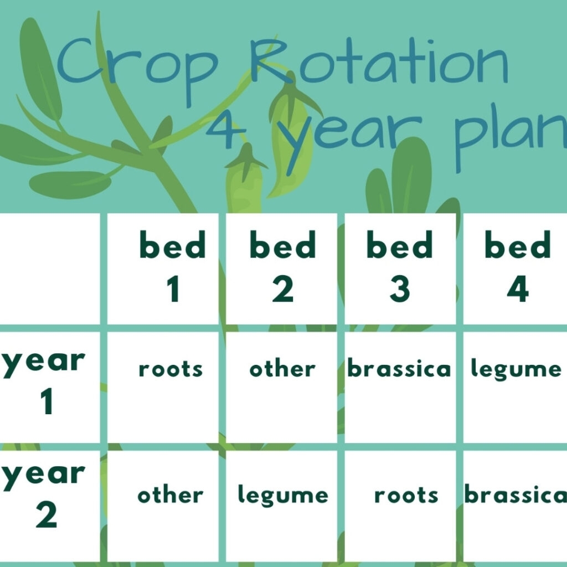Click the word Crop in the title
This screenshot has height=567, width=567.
138,66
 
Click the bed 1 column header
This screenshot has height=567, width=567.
172,268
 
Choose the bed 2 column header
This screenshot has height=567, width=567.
282,268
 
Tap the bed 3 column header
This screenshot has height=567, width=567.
399,268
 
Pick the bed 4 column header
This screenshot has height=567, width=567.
517,268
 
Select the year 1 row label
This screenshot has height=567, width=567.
44,382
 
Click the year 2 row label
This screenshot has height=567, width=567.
44,496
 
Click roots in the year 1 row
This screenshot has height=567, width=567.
171,369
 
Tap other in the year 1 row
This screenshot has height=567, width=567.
282,369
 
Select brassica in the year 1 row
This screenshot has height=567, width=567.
399,369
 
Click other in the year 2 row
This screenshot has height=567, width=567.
171,495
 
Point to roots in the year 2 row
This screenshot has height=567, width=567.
406,495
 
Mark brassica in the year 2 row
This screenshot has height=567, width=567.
515,495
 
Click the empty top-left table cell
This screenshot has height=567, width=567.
49,269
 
